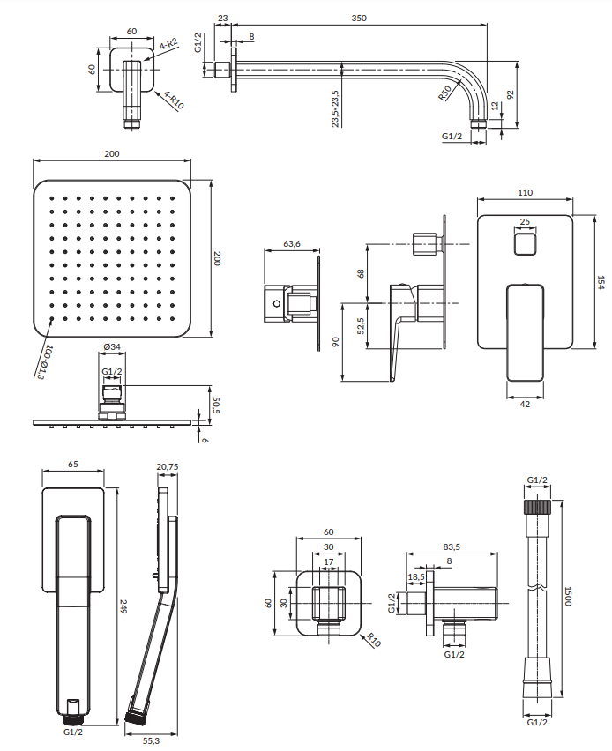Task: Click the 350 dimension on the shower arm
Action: [359, 19]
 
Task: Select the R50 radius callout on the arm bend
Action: [444, 93]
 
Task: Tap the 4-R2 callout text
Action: [168, 44]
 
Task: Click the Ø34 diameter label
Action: [112, 346]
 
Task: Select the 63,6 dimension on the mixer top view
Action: [291, 244]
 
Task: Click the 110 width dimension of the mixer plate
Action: [526, 192]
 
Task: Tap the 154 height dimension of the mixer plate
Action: [601, 282]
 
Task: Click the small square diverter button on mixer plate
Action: [525, 244]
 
